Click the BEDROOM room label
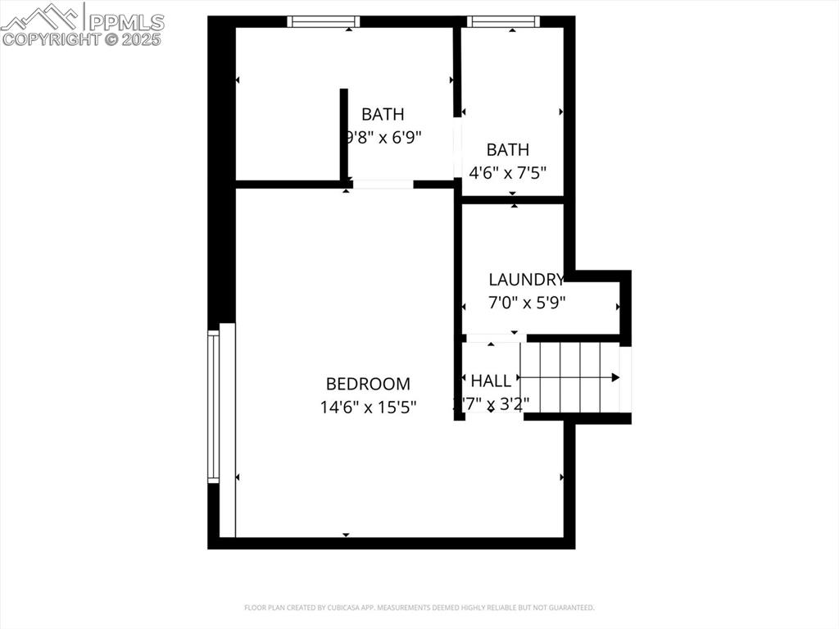tap(368, 384)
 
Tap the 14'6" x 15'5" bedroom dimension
tap(368, 406)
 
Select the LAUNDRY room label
tap(526, 280)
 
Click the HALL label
tap(491, 381)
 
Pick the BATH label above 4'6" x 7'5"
tap(508, 150)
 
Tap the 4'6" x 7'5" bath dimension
tap(508, 172)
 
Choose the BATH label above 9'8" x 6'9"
tap(383, 115)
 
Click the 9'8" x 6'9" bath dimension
tap(383, 137)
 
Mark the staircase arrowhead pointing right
tap(615, 377)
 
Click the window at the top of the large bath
tap(324, 21)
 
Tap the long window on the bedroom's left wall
tap(214, 406)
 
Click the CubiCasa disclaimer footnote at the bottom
tap(419, 608)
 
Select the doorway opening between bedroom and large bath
tap(383, 185)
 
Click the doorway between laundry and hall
tap(495, 338)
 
